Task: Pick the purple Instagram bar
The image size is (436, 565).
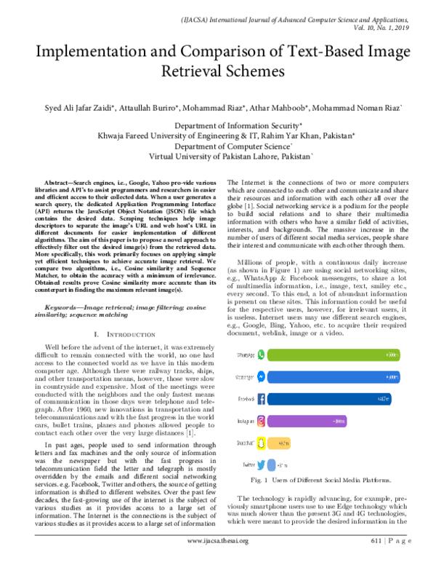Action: [305, 420]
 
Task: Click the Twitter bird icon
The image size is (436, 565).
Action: [262, 464]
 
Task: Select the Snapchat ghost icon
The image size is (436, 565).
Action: [263, 442]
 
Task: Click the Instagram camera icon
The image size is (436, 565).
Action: [263, 420]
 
